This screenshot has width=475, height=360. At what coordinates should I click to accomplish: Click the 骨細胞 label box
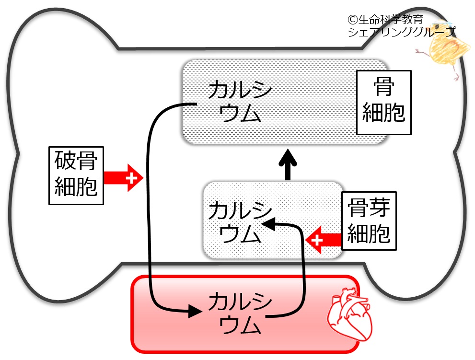[x=383, y=102]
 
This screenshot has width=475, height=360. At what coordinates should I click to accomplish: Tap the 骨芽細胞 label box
[x=369, y=221]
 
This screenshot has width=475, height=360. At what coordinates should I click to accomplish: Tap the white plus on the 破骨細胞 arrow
[x=130, y=178]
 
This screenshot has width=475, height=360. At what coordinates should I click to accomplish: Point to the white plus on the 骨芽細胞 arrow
[x=315, y=238]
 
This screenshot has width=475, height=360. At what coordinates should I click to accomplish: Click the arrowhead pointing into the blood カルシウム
[x=194, y=311]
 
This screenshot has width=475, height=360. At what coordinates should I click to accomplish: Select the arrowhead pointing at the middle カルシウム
[x=268, y=223]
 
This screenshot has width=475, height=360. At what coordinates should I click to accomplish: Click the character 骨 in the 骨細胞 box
[x=383, y=88]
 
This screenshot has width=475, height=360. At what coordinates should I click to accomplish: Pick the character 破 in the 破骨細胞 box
[x=65, y=162]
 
